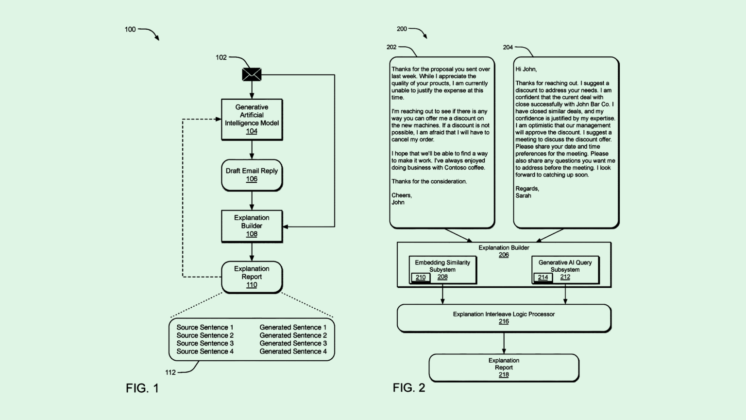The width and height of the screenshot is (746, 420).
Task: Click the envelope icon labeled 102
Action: pos(252,74)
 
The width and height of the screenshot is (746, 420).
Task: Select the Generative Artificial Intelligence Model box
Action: pos(252,120)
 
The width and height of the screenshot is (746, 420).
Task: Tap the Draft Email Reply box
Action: pos(252,175)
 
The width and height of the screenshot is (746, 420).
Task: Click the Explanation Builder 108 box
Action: pos(252,226)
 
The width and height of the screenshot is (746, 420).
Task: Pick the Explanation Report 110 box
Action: pos(252,277)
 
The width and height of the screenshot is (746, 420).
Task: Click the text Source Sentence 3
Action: pos(205,343)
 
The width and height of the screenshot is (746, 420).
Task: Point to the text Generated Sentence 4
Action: pos(293,351)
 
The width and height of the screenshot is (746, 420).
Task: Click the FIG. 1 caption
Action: pos(142,388)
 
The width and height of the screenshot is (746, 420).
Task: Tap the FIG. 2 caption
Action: pos(408,387)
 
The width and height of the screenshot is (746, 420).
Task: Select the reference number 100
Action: pos(130,29)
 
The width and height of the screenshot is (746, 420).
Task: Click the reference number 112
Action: pos(170,372)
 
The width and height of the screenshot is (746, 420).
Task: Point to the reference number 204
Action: pos(508,47)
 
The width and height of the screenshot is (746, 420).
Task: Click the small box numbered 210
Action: pos(421,278)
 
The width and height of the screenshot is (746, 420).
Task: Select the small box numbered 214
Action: pos(543,278)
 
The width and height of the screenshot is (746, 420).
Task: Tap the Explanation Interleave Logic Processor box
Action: pos(504,318)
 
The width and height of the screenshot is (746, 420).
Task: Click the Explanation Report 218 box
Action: pos(504,367)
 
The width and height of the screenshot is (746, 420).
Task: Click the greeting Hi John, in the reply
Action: pos(526,69)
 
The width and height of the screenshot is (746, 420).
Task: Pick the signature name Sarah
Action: pos(523,196)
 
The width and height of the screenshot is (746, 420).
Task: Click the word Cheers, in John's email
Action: pos(401,195)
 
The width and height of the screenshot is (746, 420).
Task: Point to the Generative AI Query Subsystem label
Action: pos(565,266)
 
